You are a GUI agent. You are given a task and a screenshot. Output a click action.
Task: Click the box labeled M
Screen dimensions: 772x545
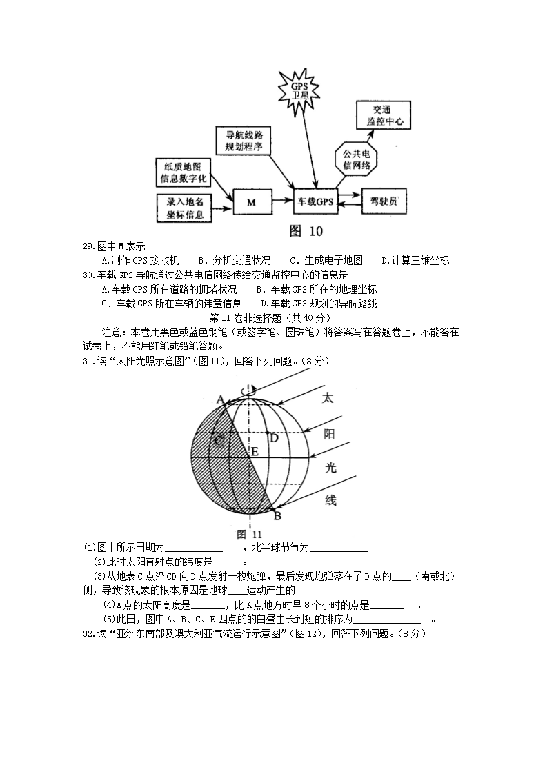[x=251, y=202]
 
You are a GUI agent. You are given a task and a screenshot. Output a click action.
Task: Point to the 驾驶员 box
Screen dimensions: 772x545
[x=384, y=201]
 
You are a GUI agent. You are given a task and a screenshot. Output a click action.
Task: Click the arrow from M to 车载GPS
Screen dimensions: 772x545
[x=281, y=201]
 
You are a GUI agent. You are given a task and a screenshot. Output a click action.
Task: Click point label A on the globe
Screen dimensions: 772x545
[x=221, y=399]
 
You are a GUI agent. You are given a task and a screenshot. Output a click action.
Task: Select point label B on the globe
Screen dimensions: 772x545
[x=277, y=515]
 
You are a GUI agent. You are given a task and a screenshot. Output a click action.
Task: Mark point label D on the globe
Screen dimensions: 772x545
[x=274, y=437]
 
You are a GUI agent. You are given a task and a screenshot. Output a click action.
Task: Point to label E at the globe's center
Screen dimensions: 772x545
[x=255, y=453]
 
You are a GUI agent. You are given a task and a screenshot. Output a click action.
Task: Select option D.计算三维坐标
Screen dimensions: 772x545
[x=415, y=260]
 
